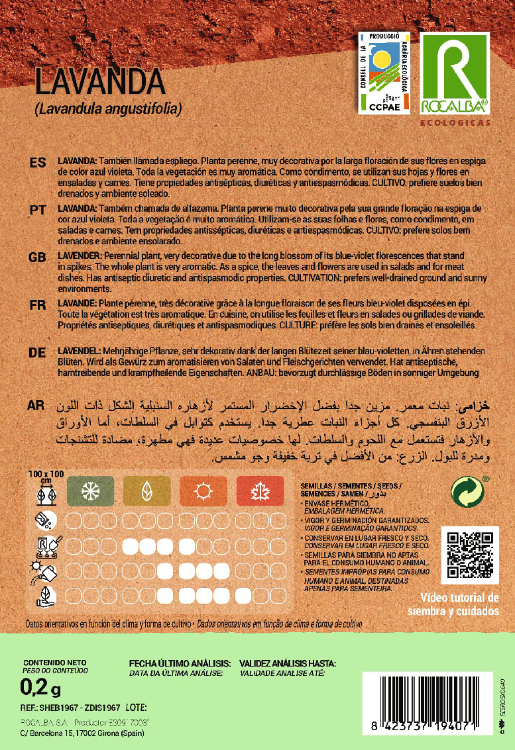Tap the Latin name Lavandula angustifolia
pyautogui.click(x=107, y=108)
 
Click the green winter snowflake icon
pyautogui.click(x=89, y=491)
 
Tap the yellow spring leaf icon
pyautogui.click(x=146, y=491)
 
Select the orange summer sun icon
pyautogui.click(x=203, y=491)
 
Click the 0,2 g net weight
pyautogui.click(x=41, y=689)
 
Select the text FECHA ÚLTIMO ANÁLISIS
pyautogui.click(x=180, y=663)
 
